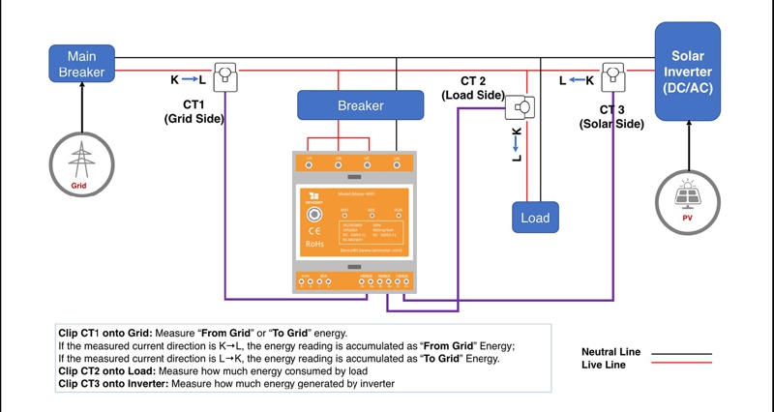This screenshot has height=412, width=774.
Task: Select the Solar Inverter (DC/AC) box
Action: tap(688, 72)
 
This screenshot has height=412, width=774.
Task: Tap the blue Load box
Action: tap(535, 218)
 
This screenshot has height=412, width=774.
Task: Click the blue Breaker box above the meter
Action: tap(360, 104)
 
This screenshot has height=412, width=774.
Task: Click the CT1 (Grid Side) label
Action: tap(193, 111)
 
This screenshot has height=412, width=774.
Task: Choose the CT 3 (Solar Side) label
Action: tap(611, 117)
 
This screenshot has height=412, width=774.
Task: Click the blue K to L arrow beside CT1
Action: tap(188, 79)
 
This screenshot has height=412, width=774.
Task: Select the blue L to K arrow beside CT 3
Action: tap(576, 80)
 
